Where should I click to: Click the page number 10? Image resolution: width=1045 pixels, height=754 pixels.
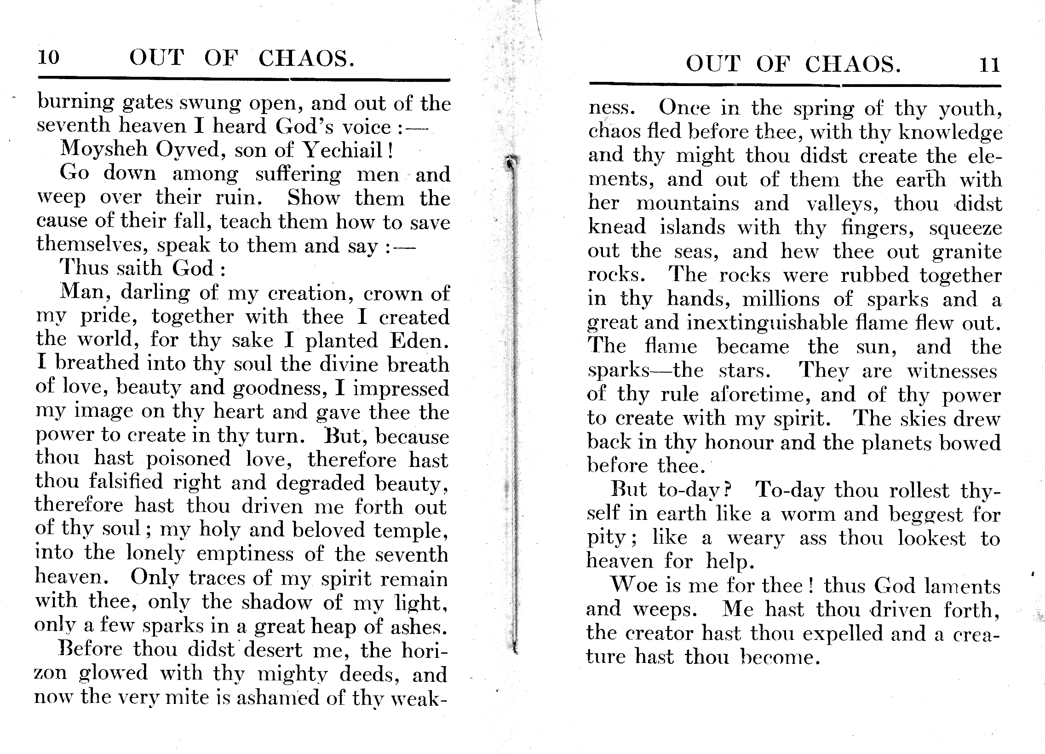point(48,58)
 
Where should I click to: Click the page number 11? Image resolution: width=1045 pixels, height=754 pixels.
point(989,64)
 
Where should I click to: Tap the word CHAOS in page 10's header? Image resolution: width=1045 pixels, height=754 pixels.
point(306,59)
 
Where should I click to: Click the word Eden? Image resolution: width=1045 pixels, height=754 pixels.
point(419,340)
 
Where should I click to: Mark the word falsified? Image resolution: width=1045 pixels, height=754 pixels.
point(126,483)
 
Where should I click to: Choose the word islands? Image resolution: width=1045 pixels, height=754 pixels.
point(692,228)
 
